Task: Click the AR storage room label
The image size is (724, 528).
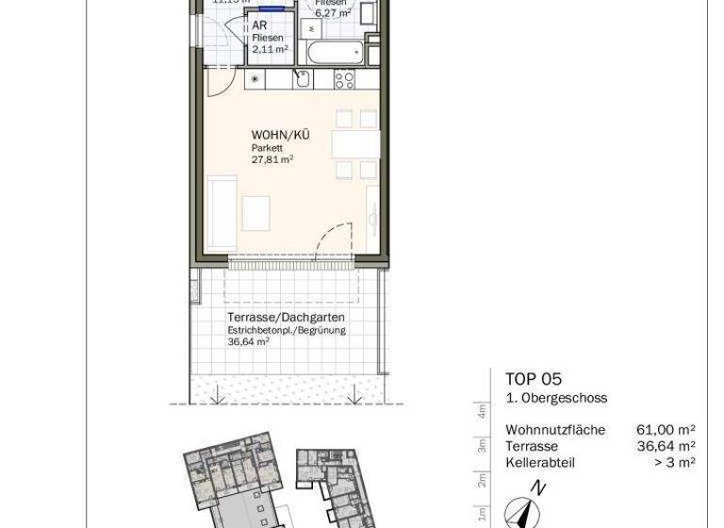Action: (x=258, y=26)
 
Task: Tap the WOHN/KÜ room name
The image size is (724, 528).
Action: (x=280, y=136)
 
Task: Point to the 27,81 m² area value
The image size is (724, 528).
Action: (x=271, y=160)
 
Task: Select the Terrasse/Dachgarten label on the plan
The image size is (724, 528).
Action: (x=286, y=318)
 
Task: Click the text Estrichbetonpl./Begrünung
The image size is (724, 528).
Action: (x=287, y=330)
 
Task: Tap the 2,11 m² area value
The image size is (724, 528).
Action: (x=270, y=49)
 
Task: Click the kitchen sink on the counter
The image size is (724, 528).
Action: (x=302, y=79)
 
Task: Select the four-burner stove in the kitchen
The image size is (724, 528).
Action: (x=344, y=79)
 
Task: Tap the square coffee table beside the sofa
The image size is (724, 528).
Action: (x=255, y=212)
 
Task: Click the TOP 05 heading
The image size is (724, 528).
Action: (x=533, y=379)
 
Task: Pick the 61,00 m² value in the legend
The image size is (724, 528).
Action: (x=666, y=430)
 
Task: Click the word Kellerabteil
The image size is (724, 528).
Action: (x=540, y=462)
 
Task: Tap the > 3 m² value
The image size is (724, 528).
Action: (x=674, y=462)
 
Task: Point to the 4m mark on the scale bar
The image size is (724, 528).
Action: (x=481, y=411)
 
